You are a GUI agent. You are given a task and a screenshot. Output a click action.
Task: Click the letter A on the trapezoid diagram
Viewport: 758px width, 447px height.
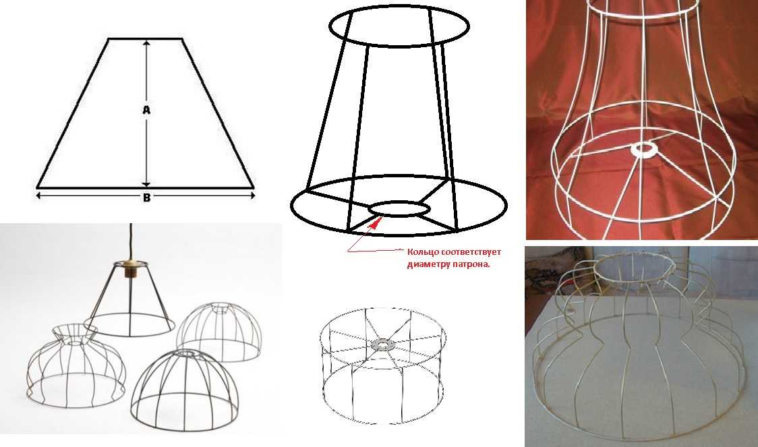click(x=146, y=110)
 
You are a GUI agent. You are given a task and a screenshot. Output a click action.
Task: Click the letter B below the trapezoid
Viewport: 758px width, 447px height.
click(x=146, y=198)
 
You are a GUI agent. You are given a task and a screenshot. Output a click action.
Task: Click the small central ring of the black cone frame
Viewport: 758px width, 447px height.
click(x=399, y=209)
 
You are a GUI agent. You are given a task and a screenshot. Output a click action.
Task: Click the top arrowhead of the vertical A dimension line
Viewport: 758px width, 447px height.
click(x=146, y=43)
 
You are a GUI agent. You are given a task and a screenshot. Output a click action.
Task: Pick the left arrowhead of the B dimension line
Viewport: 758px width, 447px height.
click(x=39, y=196)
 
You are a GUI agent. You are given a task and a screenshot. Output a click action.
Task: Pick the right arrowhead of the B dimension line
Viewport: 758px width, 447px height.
click(x=252, y=196)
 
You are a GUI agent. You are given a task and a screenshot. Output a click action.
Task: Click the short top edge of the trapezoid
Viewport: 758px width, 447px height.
click(x=145, y=38)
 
